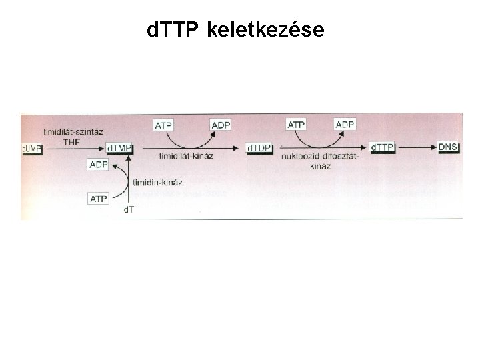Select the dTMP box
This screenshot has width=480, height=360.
119,147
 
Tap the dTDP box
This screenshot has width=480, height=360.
259,147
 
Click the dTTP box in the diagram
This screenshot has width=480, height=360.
383,147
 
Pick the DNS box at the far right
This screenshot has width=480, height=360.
448,147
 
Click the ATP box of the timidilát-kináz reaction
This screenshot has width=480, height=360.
164,125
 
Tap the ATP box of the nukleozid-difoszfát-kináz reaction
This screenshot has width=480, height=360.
296,125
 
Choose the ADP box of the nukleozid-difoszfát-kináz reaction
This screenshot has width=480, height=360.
345,125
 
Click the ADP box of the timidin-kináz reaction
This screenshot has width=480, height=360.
99,165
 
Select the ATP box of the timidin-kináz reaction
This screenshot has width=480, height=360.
99,198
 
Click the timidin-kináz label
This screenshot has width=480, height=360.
158,182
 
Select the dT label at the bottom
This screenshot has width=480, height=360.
129,211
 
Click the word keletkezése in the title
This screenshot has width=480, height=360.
266,30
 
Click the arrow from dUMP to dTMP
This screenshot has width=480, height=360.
73,147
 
